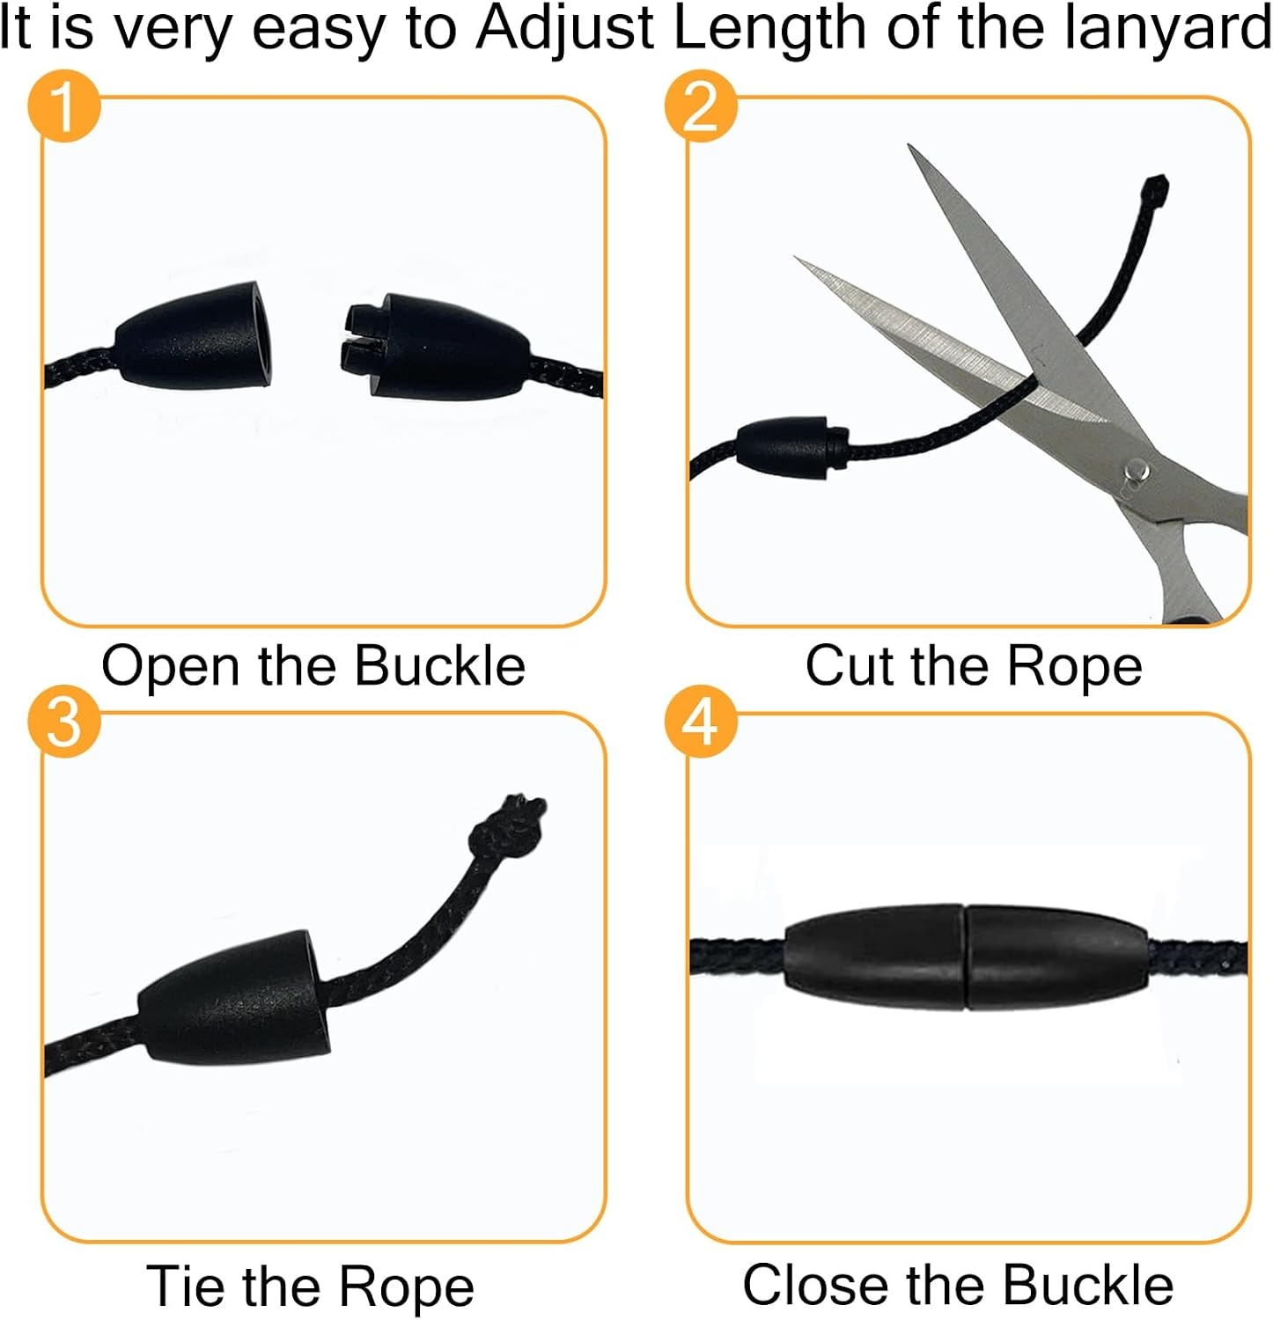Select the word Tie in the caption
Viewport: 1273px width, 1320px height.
[186, 1286]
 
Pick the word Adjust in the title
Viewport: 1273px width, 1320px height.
[565, 28]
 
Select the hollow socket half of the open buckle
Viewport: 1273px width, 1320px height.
[195, 335]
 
